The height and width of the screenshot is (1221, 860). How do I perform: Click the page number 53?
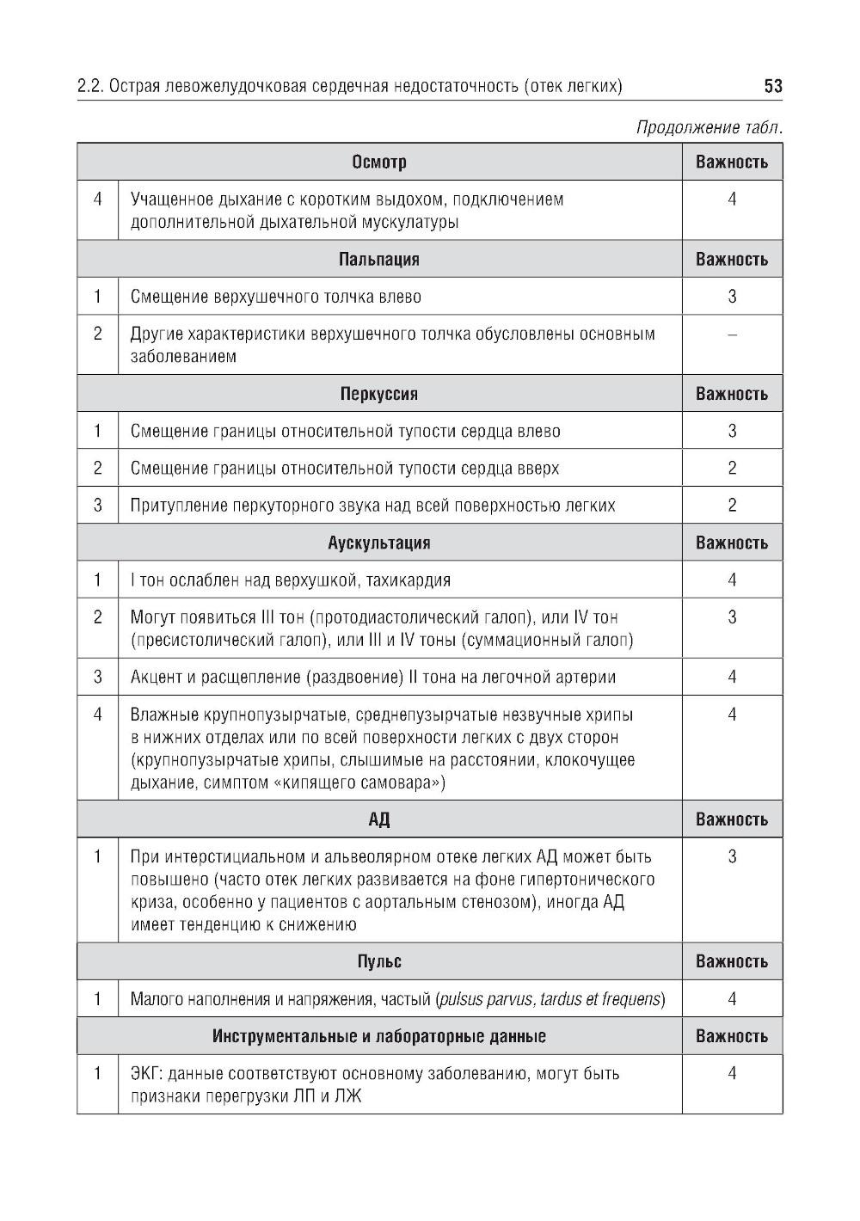[772, 86]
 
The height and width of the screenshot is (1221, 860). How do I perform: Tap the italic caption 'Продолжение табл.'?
[709, 128]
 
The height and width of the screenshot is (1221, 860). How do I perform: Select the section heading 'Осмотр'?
[379, 162]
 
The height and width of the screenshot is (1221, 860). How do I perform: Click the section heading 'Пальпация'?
[379, 259]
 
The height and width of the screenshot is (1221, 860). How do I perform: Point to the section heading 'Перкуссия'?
[379, 394]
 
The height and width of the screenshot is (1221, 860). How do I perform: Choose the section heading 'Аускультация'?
[379, 543]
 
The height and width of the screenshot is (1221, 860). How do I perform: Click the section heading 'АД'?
[379, 819]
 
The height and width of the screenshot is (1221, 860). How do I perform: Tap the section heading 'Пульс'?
[379, 961]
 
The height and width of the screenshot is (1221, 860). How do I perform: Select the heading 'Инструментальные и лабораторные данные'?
[379, 1036]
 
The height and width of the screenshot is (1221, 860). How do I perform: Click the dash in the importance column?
[732, 334]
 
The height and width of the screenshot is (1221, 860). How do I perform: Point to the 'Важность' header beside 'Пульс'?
[732, 961]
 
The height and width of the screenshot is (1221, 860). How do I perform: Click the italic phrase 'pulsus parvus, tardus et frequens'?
[550, 999]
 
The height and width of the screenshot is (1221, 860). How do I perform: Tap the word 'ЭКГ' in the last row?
[145, 1074]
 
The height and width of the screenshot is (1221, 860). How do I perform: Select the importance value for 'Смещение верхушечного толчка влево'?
[732, 297]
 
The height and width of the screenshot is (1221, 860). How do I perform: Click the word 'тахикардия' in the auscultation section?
[408, 580]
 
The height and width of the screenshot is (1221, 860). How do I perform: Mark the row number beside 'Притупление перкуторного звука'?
[98, 506]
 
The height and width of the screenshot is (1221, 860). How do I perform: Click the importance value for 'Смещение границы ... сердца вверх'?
[732, 469]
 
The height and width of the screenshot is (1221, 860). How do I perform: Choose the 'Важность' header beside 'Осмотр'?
[732, 162]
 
